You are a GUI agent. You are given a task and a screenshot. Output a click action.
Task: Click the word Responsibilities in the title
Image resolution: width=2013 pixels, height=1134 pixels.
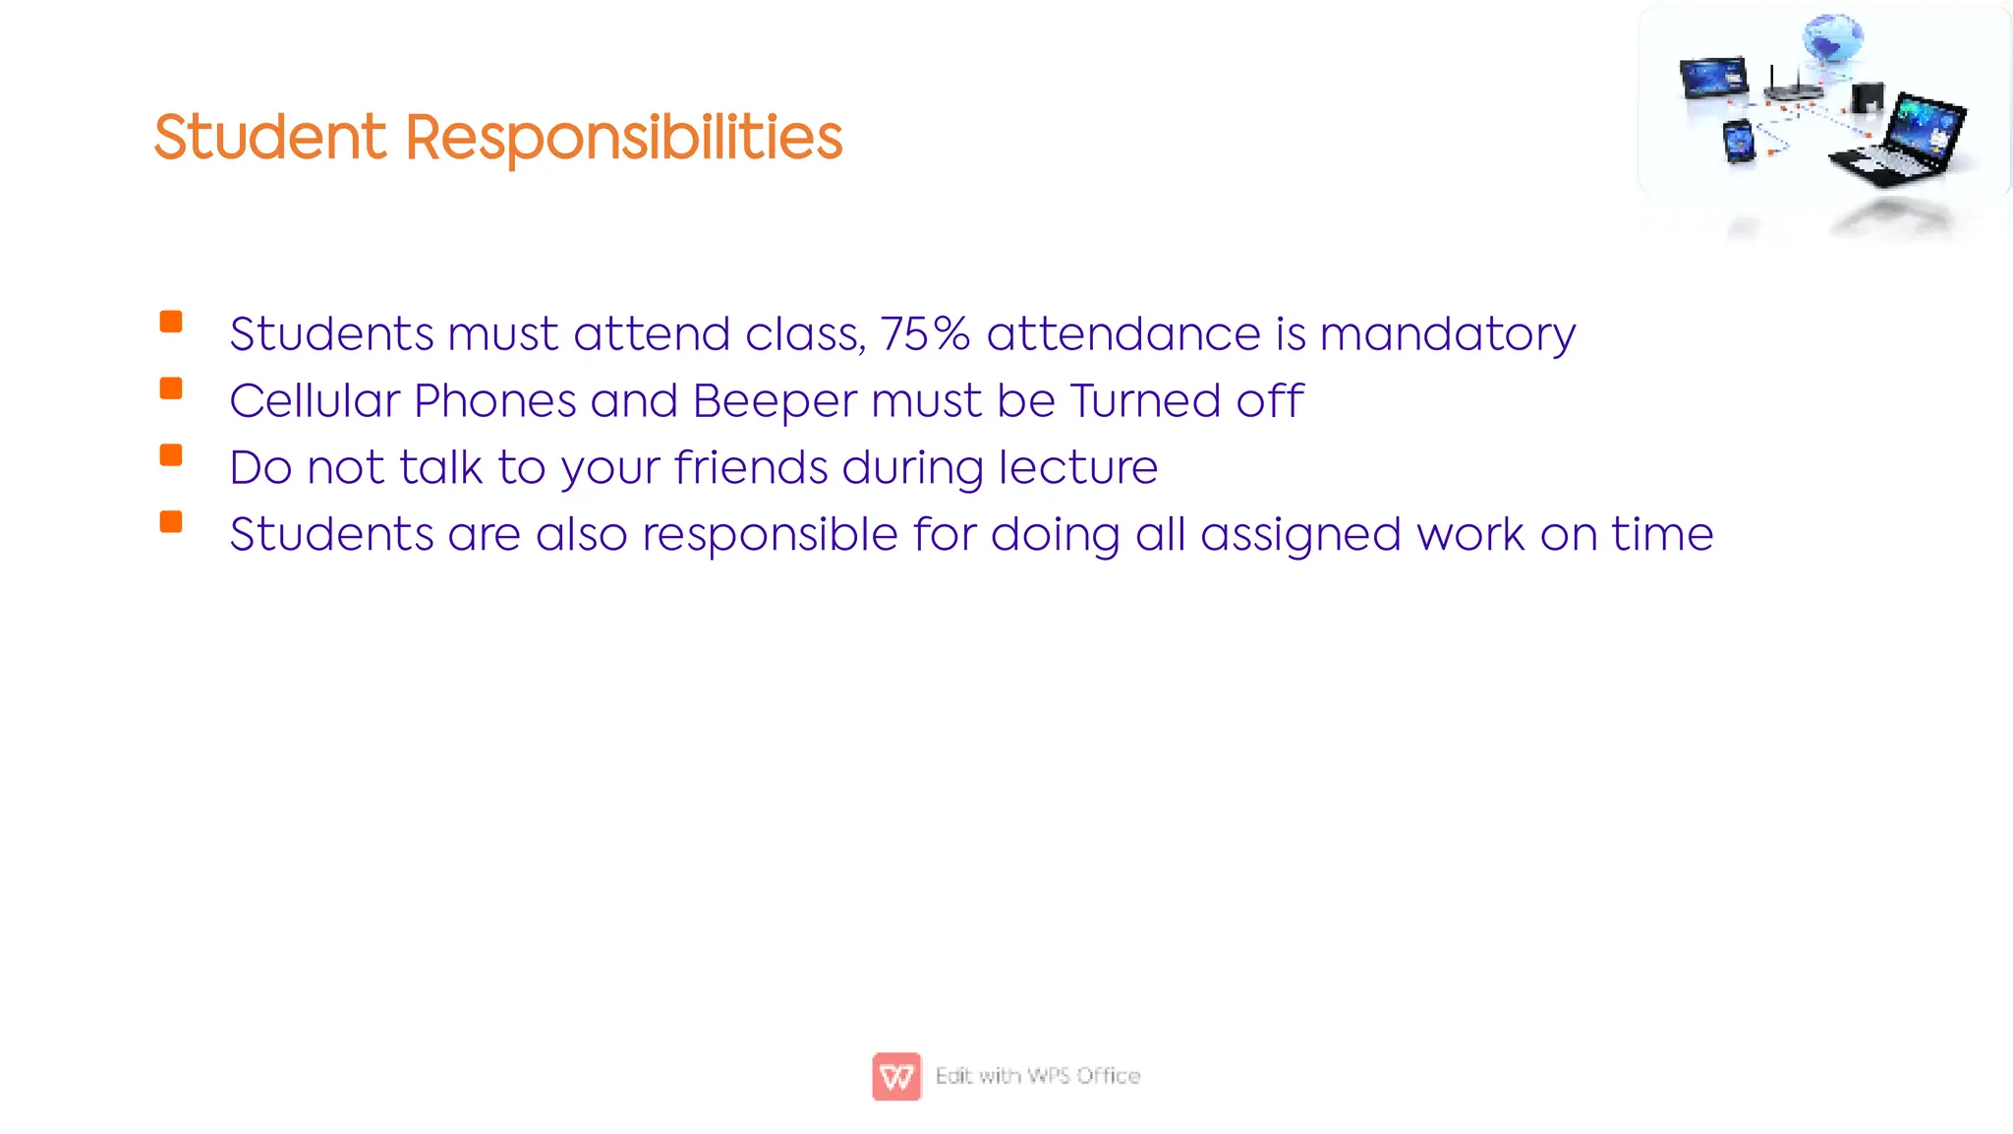point(623,137)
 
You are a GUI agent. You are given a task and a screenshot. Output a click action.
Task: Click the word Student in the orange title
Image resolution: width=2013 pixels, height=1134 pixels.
point(270,137)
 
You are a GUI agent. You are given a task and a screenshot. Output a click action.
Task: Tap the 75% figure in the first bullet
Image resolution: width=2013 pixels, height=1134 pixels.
point(925,334)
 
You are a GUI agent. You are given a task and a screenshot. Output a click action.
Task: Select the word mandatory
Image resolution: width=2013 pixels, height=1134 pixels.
point(1447,334)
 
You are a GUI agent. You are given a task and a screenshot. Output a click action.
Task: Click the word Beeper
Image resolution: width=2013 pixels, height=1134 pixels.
point(775,401)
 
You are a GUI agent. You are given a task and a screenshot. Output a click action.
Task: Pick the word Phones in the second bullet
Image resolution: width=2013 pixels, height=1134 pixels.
point(494,401)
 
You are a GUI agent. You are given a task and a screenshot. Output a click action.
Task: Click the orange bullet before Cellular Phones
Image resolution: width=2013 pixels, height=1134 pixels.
point(171,388)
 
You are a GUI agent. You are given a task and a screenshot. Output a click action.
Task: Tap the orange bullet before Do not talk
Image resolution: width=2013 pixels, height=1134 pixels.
point(171,454)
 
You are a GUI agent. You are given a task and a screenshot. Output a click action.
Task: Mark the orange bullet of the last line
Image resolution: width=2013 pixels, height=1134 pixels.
point(171,521)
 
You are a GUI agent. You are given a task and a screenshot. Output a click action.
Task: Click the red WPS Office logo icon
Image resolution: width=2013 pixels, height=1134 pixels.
point(895,1076)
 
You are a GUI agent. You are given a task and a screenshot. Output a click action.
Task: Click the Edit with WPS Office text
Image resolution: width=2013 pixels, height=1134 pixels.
point(1038,1076)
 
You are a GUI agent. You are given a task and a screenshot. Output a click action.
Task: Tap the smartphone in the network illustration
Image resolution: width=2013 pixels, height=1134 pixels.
point(1739,142)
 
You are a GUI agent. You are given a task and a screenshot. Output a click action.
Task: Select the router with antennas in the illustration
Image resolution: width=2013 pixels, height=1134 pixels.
point(1793,89)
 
